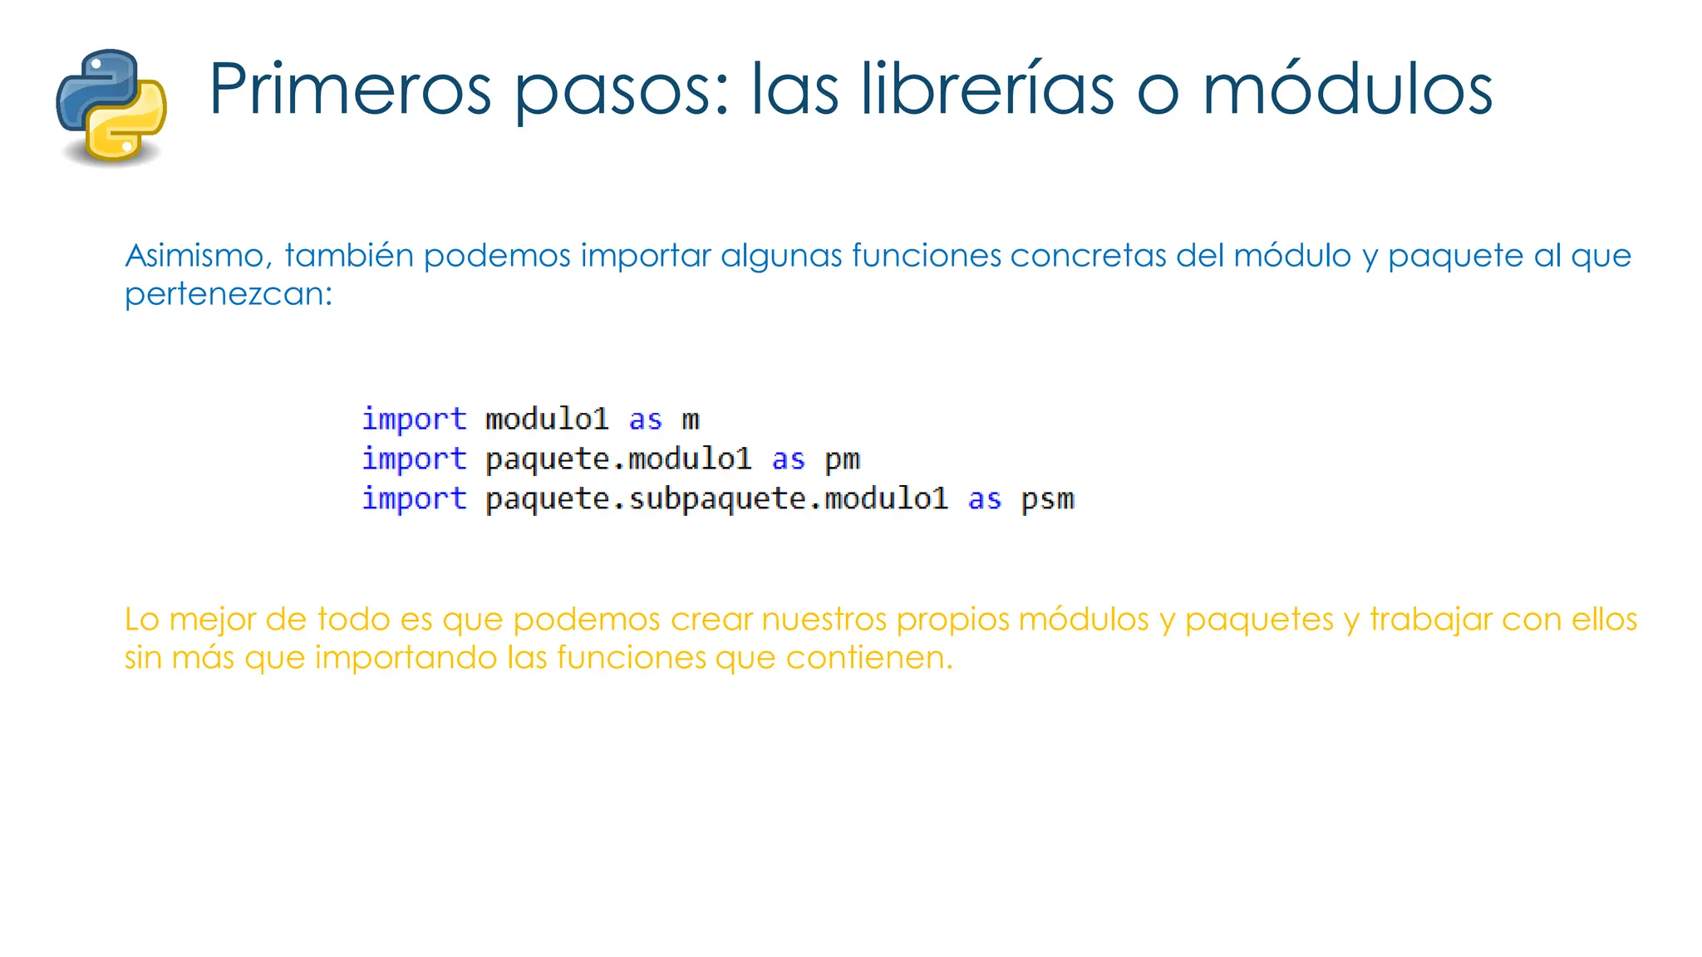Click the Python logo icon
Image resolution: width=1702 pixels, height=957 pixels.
point(111,106)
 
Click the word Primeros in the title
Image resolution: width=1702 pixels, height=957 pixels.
point(350,90)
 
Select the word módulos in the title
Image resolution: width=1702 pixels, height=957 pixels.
point(1347,90)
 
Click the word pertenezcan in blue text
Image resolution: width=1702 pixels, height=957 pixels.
point(228,294)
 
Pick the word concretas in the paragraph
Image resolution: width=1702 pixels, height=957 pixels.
point(1089,256)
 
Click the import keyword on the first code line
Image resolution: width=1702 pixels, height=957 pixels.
point(414,420)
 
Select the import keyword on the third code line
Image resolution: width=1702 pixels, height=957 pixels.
point(414,499)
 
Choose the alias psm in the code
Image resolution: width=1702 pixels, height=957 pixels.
point(1047,499)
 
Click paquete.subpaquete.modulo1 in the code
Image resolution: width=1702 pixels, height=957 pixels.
point(716,499)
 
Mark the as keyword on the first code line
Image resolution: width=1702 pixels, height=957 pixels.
point(645,420)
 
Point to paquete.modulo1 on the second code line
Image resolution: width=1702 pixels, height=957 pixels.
point(618,459)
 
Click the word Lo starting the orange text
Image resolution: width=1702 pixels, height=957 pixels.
point(141,620)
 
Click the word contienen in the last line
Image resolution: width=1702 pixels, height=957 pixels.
point(869,658)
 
